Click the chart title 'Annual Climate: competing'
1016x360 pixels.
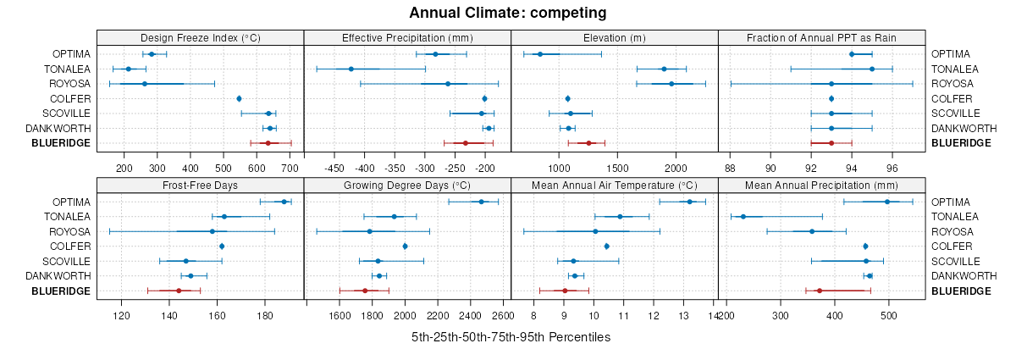(507, 13)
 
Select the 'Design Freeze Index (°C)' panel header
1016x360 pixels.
(200, 37)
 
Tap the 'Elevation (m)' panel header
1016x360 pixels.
(614, 37)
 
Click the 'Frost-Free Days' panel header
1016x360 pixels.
(200, 186)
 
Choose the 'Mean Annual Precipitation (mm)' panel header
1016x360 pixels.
(820, 186)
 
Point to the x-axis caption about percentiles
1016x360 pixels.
(511, 337)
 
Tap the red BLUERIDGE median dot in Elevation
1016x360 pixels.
(589, 143)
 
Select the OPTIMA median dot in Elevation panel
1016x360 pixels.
(540, 54)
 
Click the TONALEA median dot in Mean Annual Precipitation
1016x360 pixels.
(743, 217)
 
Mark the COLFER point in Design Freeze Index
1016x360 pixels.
(239, 99)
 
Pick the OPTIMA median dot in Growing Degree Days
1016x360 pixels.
(482, 202)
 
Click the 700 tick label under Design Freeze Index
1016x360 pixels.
(290, 168)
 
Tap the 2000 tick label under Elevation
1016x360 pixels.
(676, 168)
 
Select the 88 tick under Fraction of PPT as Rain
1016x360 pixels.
(731, 168)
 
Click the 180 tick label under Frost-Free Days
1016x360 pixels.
(265, 316)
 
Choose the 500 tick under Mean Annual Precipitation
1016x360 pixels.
(889, 316)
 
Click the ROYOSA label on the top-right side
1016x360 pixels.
(952, 84)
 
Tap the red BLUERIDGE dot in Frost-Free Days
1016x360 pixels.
(179, 291)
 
